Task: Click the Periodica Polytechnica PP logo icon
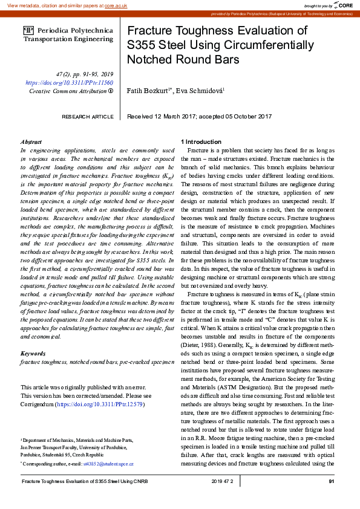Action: pos(28,30)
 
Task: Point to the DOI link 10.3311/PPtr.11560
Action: pos(69,82)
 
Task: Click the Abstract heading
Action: pos(31,141)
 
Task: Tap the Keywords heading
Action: pos(33,352)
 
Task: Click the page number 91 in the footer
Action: pos(332,481)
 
